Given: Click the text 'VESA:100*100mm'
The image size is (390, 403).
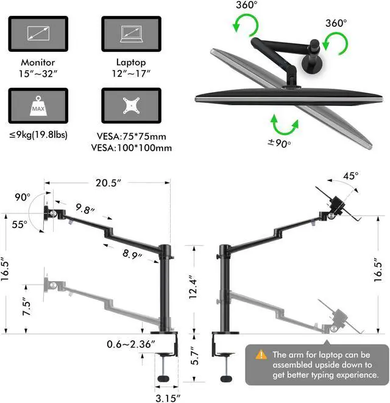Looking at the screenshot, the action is tap(132, 148).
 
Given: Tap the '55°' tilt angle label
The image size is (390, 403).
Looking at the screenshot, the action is tap(19, 224).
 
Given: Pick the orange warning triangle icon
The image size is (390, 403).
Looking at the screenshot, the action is tap(261, 354).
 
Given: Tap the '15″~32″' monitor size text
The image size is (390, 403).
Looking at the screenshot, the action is tap(38, 74).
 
